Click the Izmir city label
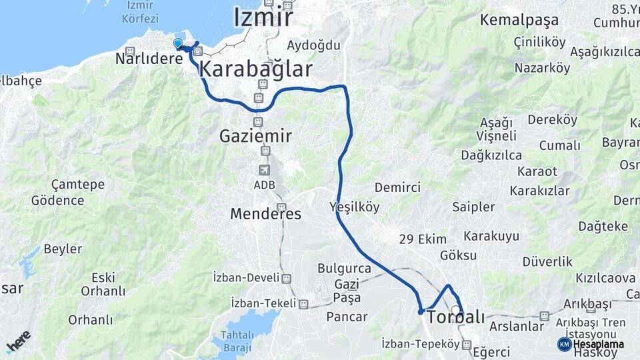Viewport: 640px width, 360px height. point(263,17)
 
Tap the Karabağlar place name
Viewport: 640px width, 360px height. point(256,68)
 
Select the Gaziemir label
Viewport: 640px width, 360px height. point(256,136)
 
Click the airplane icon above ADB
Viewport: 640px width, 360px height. point(265,170)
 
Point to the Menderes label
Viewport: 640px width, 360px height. point(265,214)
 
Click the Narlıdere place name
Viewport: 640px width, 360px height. point(149,59)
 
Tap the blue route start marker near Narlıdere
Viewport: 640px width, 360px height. point(178,43)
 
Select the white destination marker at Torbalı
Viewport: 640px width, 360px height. point(456,310)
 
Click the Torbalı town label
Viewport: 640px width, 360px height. point(455,317)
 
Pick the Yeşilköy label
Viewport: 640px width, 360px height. point(355,207)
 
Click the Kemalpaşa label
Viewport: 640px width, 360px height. point(519,20)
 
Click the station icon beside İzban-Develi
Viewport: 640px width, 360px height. point(286,279)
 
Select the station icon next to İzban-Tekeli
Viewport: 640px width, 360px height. point(303,304)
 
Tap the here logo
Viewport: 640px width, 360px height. point(19,341)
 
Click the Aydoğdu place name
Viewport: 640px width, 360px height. point(313,45)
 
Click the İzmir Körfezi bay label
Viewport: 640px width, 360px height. point(139,12)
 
